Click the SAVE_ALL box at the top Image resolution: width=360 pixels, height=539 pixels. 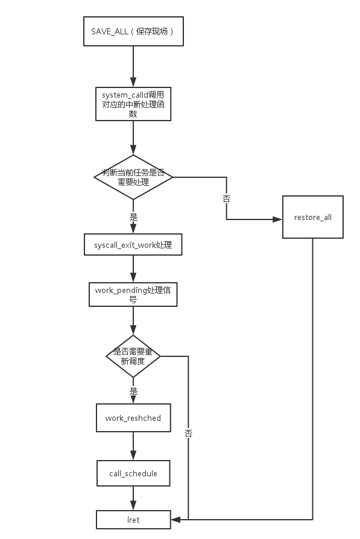click(133, 31)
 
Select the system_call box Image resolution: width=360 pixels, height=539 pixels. click(133, 104)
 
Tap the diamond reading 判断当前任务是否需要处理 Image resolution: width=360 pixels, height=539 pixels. click(133, 177)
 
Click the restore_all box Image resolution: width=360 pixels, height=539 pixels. click(313, 217)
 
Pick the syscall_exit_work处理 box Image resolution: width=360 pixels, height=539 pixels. click(133, 245)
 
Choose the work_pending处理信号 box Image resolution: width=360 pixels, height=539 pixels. click(133, 294)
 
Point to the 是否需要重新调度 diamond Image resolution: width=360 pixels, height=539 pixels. click(133, 356)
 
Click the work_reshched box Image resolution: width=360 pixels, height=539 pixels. click(133, 418)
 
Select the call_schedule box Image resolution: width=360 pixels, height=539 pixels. click(133, 473)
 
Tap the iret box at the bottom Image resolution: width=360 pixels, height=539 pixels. click(133, 520)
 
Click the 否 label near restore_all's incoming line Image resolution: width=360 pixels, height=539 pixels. click(226, 198)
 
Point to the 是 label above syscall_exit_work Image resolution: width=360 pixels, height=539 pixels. click(133, 217)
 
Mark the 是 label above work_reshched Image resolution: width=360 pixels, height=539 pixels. click(133, 391)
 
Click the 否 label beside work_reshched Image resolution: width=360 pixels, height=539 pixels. click(188, 433)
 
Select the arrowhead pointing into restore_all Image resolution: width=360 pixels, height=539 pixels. click(277, 219)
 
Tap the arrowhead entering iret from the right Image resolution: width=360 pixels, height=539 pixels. click(175, 520)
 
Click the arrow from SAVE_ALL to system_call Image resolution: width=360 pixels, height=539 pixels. click(133, 66)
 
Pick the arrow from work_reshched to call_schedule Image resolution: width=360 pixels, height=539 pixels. click(133, 446)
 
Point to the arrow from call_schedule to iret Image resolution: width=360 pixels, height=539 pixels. click(133, 498)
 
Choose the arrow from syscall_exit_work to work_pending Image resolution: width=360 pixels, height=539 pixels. click(133, 269)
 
